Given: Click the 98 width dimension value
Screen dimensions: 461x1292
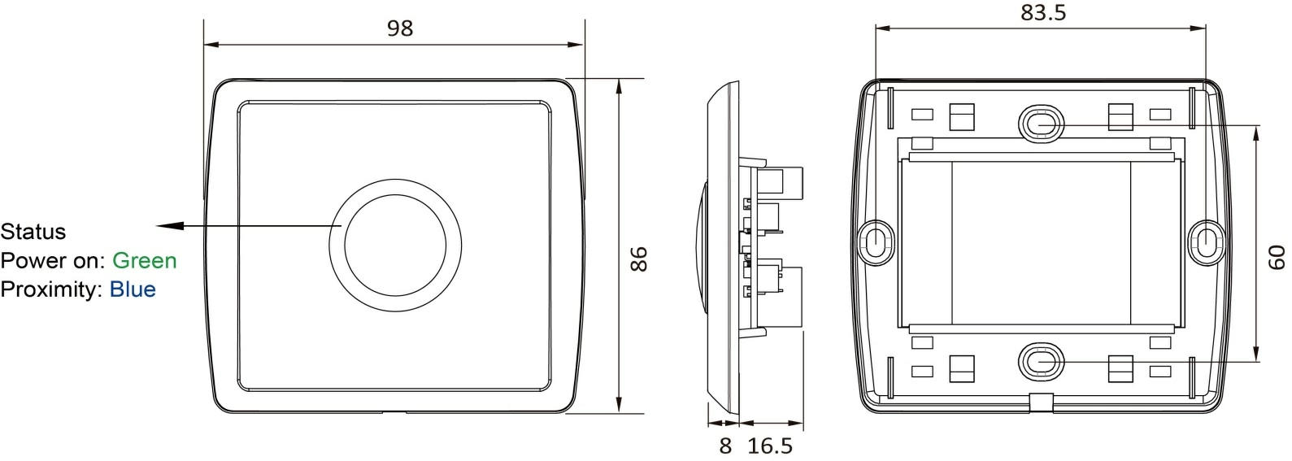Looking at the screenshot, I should (399, 28).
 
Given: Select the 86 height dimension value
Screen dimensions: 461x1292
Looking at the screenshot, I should (639, 259).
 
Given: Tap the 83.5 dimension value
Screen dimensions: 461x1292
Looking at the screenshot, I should (1042, 14).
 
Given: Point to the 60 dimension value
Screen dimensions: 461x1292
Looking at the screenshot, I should (1277, 259).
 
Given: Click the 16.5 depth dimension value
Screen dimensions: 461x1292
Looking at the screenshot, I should (769, 446).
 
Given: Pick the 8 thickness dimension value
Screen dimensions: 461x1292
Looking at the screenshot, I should (725, 446).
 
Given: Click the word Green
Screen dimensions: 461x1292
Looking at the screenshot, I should (144, 260).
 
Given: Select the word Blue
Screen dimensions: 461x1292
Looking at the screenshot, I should (133, 289).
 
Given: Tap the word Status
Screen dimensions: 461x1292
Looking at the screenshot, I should (33, 232).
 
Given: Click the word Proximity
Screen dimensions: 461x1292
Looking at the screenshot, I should (49, 289).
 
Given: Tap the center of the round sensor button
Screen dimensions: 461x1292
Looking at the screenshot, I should (395, 245).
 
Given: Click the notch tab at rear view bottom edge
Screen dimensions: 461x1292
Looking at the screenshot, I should (1041, 402).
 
